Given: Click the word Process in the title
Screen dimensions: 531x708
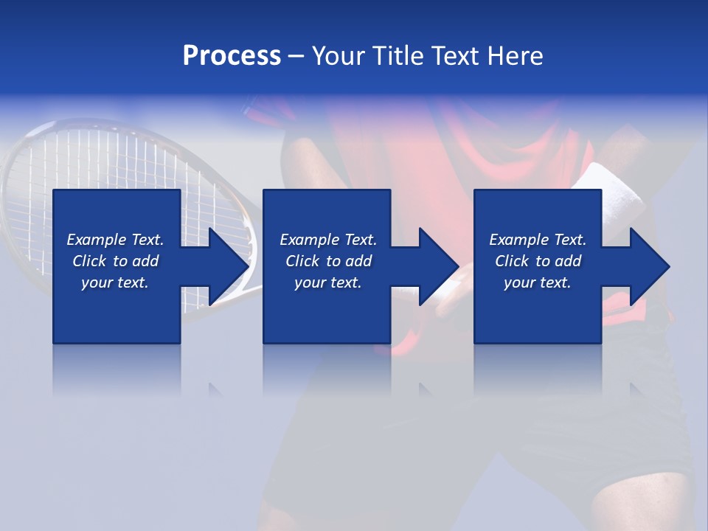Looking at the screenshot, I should (232, 56).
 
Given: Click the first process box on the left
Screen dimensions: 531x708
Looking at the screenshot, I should (117, 310).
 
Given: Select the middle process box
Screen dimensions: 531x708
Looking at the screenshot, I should (327, 310).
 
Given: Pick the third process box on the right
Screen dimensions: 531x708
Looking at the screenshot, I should (537, 310).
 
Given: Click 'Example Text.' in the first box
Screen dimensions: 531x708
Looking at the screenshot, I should (115, 240).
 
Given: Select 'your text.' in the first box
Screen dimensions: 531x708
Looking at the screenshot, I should (115, 282).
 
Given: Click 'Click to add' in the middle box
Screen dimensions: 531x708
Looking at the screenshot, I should (328, 261).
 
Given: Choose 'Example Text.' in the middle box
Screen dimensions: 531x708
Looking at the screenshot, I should (328, 240).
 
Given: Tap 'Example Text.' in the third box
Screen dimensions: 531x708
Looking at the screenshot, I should (538, 240).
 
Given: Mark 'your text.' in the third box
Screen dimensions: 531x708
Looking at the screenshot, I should (538, 282).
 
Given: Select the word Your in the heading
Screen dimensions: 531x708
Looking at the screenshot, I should (336, 56).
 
